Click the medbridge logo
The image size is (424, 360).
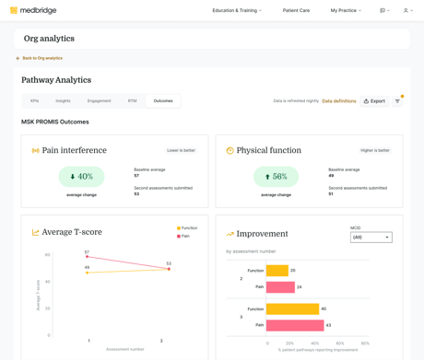pyautogui.click(x=33, y=11)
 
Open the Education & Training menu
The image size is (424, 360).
pyautogui.click(x=237, y=11)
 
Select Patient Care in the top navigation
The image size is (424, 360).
pyautogui.click(x=296, y=11)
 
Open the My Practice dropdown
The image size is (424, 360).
pyautogui.click(x=346, y=11)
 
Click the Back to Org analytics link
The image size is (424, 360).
pyautogui.click(x=40, y=58)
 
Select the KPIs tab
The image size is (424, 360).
pyautogui.click(x=35, y=101)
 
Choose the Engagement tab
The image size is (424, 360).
pyautogui.click(x=99, y=101)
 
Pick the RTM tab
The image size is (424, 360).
pyautogui.click(x=132, y=101)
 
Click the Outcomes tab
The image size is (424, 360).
pyautogui.click(x=163, y=101)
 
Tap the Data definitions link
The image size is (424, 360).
pyautogui.click(x=338, y=101)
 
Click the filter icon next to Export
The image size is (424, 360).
pyautogui.click(x=398, y=101)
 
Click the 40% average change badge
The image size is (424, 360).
pyautogui.click(x=81, y=177)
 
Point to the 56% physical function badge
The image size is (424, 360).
pyautogui.click(x=276, y=177)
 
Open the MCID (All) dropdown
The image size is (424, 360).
pyautogui.click(x=371, y=238)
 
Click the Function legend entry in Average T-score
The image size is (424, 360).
pyautogui.click(x=187, y=228)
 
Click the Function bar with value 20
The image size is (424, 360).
pyautogui.click(x=277, y=271)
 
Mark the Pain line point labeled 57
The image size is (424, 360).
pyautogui.click(x=88, y=257)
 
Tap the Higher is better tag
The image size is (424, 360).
pyautogui.click(x=375, y=150)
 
